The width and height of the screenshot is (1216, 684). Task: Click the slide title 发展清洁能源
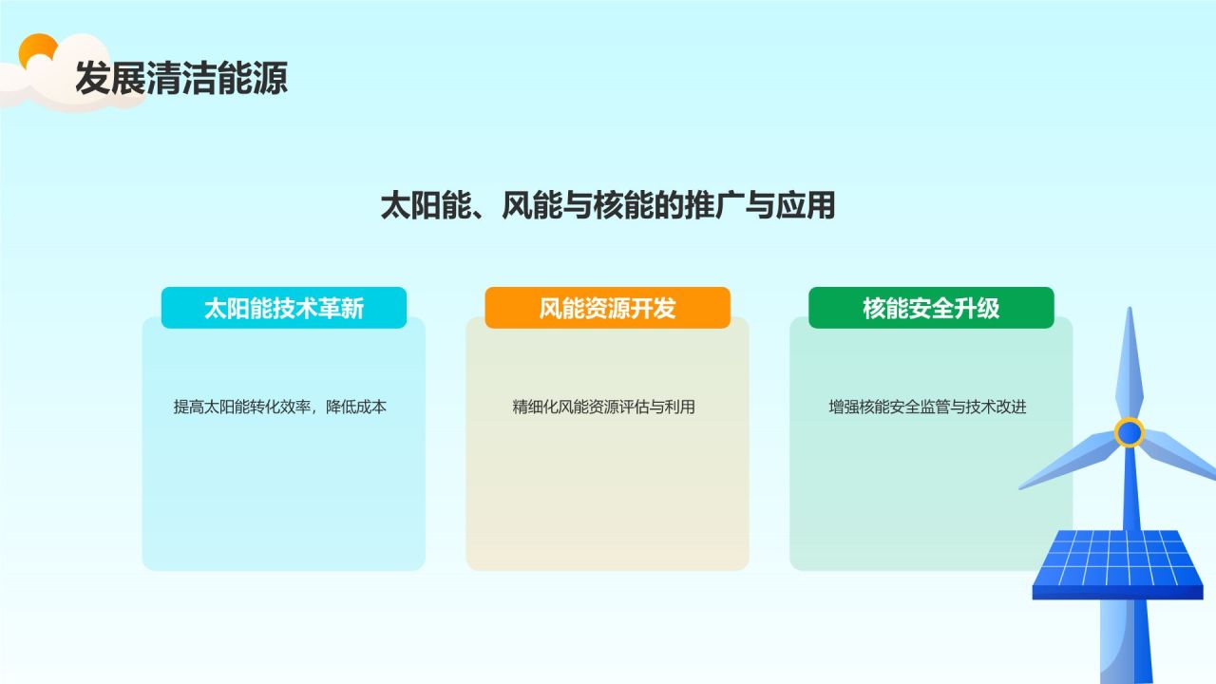(181, 78)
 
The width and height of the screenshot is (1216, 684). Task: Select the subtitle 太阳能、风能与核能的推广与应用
(607, 205)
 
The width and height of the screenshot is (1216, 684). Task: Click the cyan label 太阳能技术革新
(284, 308)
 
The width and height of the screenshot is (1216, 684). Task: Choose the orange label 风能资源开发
(607, 308)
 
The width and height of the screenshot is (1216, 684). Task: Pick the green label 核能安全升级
(931, 308)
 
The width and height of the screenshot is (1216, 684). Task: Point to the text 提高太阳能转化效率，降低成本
(280, 407)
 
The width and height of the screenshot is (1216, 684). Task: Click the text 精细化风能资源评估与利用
(603, 407)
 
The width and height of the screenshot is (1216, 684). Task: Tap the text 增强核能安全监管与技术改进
(927, 407)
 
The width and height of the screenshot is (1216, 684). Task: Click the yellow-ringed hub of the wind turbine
(1130, 432)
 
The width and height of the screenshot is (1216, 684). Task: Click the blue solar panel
(1117, 564)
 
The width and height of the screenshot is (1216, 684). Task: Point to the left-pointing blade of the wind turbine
(1069, 461)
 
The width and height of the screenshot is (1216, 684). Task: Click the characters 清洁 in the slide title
(181, 78)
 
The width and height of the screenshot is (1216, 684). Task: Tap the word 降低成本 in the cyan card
(356, 407)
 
